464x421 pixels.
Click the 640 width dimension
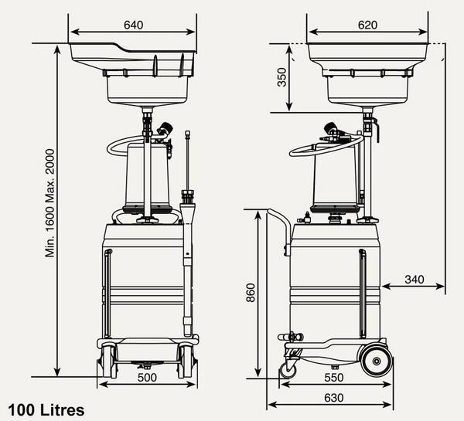point(133,24)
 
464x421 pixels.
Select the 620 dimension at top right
point(367,24)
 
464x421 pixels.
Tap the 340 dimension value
point(414,279)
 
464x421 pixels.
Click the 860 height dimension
point(251,293)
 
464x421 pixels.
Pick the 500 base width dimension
point(147,378)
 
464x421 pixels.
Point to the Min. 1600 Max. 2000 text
point(50,203)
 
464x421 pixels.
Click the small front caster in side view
point(288,369)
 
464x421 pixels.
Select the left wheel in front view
point(108,361)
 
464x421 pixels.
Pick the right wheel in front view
point(186,361)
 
